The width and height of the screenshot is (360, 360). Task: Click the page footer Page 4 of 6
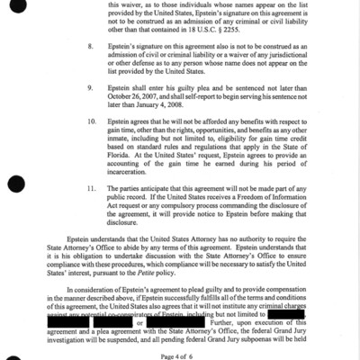[180, 355]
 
